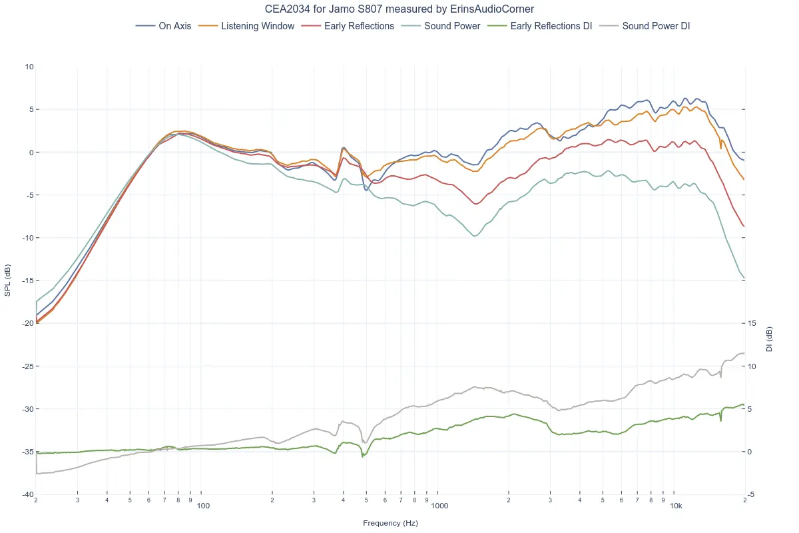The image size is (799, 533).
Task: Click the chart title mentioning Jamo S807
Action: [400, 9]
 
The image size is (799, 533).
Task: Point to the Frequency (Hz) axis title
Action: [390, 523]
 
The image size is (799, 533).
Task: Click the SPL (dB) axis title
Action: [7, 280]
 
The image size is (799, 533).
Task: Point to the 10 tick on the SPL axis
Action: [29, 67]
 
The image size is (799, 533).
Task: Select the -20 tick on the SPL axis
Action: [27, 323]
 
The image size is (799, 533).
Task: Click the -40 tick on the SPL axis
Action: [27, 494]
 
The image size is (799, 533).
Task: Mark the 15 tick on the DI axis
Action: [752, 323]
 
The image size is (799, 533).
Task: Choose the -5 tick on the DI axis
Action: [752, 494]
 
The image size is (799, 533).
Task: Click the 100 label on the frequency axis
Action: [204, 506]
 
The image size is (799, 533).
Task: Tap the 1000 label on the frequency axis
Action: [439, 506]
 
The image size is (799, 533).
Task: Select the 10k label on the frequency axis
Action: [676, 506]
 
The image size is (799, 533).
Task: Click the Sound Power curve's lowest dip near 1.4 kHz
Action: [474, 236]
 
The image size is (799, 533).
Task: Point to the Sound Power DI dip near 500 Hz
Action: [365, 442]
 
